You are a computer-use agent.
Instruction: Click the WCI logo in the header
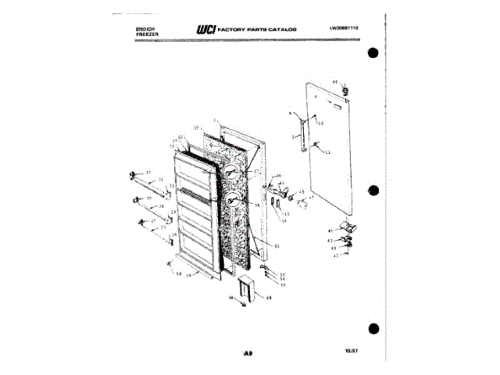pyautogui.click(x=206, y=29)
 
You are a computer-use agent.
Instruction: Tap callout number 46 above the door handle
pyautogui.click(x=279, y=177)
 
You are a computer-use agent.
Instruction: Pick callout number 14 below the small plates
pyautogui.click(x=284, y=221)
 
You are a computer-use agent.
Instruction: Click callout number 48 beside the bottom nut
pyautogui.click(x=231, y=298)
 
